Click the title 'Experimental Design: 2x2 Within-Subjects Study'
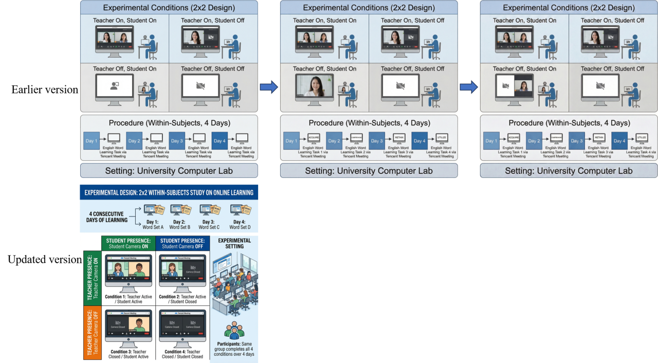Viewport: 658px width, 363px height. pyautogui.click(x=169, y=193)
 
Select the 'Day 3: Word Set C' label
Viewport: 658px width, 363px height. pyautogui.click(x=209, y=225)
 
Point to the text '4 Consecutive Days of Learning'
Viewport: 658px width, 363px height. pyautogui.click(x=107, y=217)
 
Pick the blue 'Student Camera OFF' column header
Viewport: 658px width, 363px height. pyautogui.click(x=182, y=243)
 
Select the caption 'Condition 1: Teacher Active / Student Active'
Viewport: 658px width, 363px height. pyautogui.click(x=128, y=299)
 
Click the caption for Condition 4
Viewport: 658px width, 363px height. pyautogui.click(x=182, y=354)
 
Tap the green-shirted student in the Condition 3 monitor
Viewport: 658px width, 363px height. pyautogui.click(x=138, y=325)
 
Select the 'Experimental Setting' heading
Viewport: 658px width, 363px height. pyautogui.click(x=234, y=243)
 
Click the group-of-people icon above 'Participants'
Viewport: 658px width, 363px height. pyautogui.click(x=234, y=330)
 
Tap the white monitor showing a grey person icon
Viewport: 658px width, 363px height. pyautogui.click(x=114, y=86)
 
